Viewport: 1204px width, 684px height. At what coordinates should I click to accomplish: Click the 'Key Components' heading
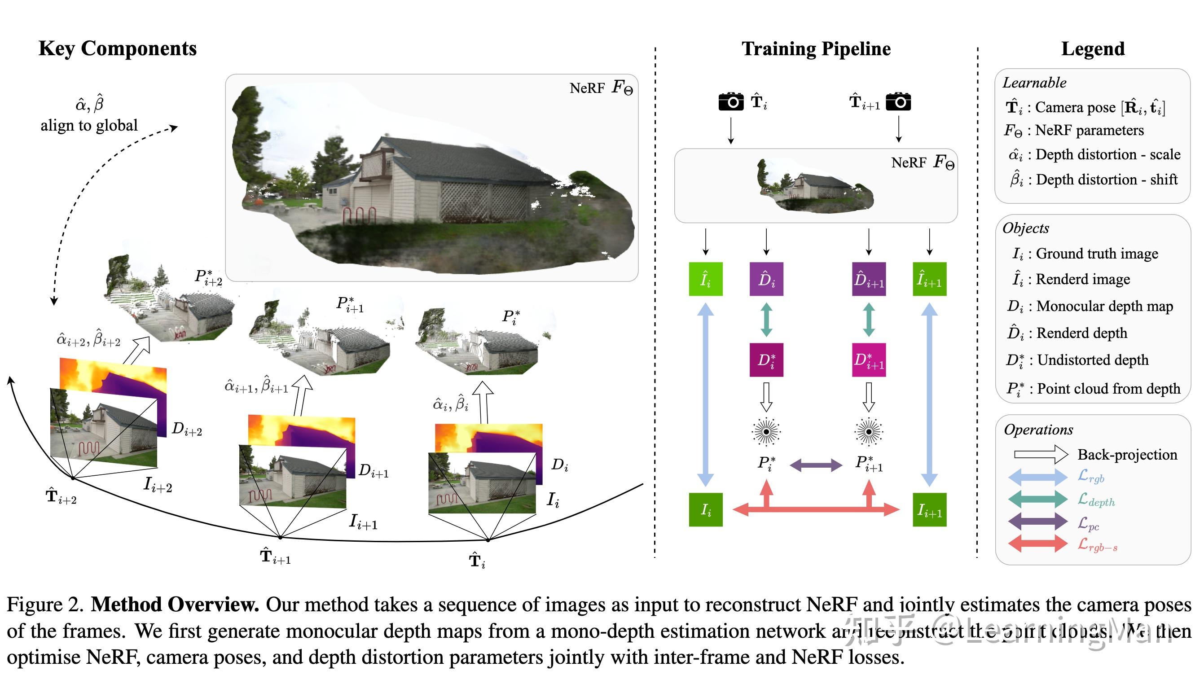pyautogui.click(x=118, y=49)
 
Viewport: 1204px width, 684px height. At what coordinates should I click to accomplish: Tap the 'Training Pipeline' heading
pyautogui.click(x=816, y=49)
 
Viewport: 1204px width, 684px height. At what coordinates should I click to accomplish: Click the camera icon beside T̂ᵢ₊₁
pyautogui.click(x=898, y=101)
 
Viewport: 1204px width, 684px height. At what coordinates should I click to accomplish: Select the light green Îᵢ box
pyautogui.click(x=705, y=279)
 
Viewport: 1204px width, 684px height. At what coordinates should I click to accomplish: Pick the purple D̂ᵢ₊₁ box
pyautogui.click(x=869, y=279)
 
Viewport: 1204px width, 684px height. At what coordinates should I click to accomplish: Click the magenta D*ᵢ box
pyautogui.click(x=766, y=360)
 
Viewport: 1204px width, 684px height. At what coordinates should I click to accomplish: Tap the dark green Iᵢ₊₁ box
pyautogui.click(x=929, y=510)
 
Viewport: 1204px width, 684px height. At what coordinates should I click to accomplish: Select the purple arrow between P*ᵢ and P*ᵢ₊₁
pyautogui.click(x=816, y=465)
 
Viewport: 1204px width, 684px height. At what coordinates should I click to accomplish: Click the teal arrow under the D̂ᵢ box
pyautogui.click(x=766, y=320)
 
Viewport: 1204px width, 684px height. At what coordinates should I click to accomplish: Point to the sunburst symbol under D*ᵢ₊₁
pyautogui.click(x=869, y=431)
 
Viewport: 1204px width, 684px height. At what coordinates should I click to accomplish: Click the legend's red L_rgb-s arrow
pyautogui.click(x=1038, y=544)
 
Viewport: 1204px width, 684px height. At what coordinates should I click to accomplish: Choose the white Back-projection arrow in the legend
pyautogui.click(x=1034, y=454)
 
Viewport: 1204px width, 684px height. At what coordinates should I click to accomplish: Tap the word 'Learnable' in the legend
pyautogui.click(x=1034, y=83)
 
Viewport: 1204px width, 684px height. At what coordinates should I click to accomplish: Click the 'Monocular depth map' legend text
pyautogui.click(x=1104, y=306)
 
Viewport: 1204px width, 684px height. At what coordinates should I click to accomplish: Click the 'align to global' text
pyautogui.click(x=89, y=125)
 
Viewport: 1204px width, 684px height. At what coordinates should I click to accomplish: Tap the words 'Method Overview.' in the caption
pyautogui.click(x=175, y=605)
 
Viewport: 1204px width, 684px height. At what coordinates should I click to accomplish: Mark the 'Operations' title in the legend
pyautogui.click(x=1038, y=430)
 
